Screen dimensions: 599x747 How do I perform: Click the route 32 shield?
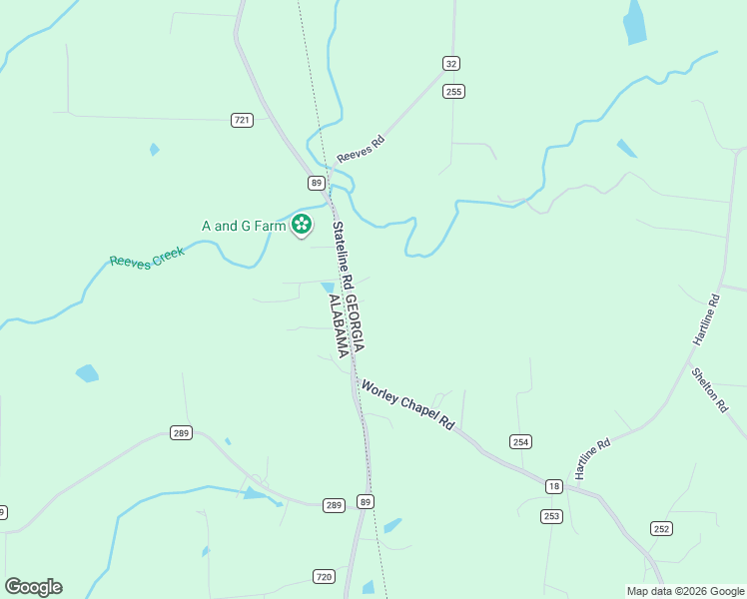pyautogui.click(x=451, y=63)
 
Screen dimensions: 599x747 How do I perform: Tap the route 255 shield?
pyautogui.click(x=454, y=92)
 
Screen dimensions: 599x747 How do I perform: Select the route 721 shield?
pyautogui.click(x=242, y=120)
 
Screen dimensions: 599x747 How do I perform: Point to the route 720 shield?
pyautogui.click(x=324, y=577)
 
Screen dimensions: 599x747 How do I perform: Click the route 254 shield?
pyautogui.click(x=520, y=441)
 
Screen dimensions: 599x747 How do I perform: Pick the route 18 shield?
pyautogui.click(x=554, y=486)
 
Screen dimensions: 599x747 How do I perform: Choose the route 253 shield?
pyautogui.click(x=551, y=516)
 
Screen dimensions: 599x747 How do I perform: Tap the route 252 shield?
pyautogui.click(x=660, y=528)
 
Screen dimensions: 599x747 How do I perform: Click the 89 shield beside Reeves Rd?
pyautogui.click(x=316, y=183)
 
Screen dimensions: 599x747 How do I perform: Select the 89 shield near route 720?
pyautogui.click(x=365, y=501)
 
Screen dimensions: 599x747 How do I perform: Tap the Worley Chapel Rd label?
pyautogui.click(x=407, y=403)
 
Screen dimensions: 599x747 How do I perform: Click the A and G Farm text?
pyautogui.click(x=244, y=226)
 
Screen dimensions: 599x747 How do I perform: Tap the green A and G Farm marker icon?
pyautogui.click(x=302, y=226)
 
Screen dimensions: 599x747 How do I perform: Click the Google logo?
pyautogui.click(x=33, y=587)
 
